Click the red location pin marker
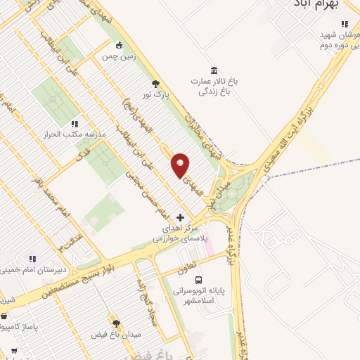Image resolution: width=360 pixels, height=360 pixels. pos(181,165)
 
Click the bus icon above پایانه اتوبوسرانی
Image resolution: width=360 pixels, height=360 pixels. pos(198,278)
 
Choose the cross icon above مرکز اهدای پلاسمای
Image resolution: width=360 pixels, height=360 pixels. pos(181,218)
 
